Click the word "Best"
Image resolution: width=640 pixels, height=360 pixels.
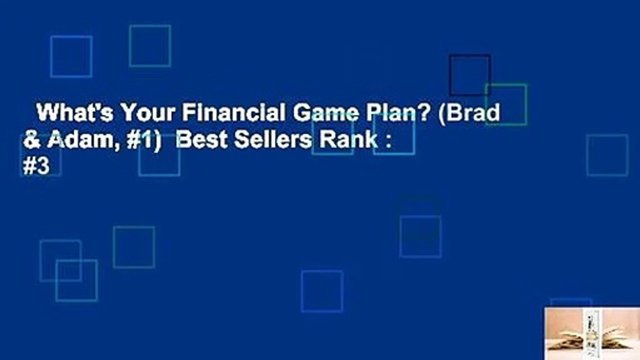200,141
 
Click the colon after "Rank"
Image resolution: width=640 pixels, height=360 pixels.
387,142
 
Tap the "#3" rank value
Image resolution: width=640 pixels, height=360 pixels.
36,167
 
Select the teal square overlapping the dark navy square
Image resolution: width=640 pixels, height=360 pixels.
506,104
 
